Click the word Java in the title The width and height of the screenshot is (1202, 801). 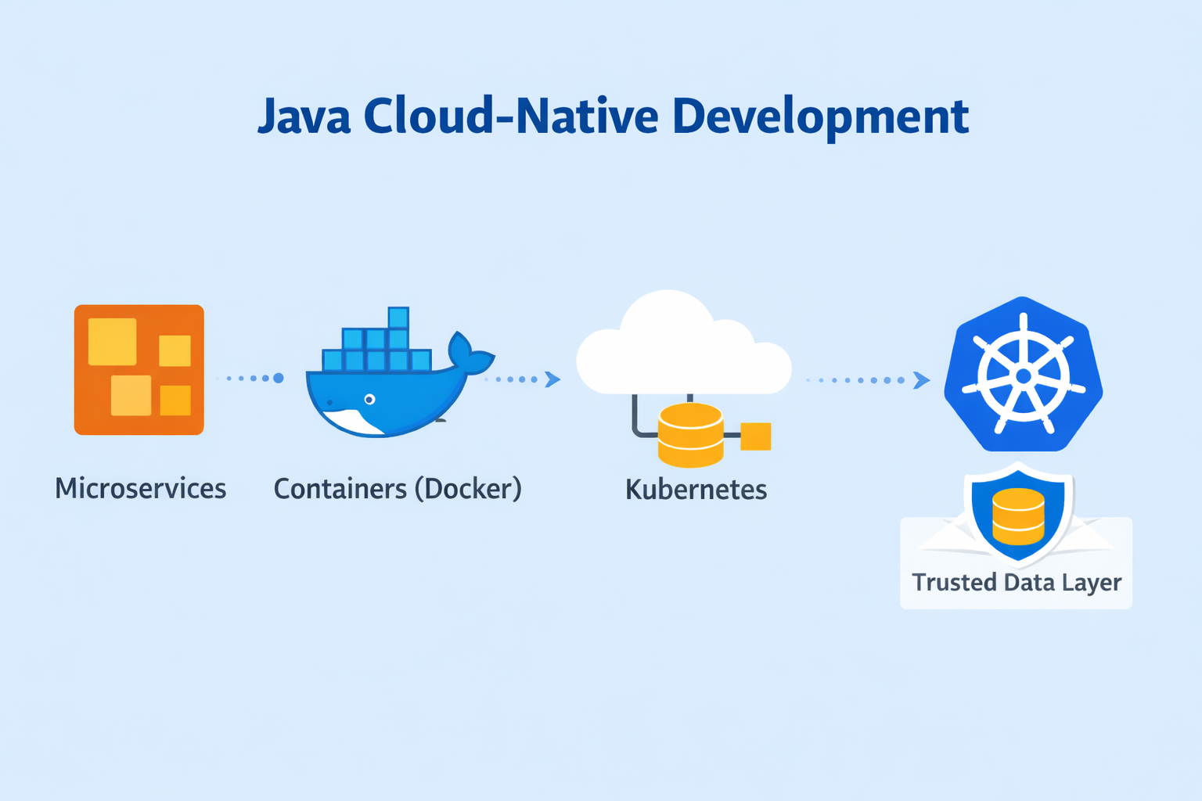(304, 117)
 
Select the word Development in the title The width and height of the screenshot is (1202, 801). (820, 117)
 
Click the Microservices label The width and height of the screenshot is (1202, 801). (140, 489)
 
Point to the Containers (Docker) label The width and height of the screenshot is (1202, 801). (398, 489)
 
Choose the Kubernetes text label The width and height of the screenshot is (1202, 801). (696, 490)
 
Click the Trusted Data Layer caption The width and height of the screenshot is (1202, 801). (1017, 583)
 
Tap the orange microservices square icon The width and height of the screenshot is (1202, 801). (139, 369)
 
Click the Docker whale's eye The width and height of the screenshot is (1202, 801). (370, 400)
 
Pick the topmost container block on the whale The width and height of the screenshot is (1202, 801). (398, 318)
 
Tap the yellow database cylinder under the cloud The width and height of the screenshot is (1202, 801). (690, 434)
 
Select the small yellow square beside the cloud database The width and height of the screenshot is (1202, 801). (756, 436)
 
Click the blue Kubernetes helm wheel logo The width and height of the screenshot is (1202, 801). (1023, 374)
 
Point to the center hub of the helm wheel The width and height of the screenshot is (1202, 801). (1023, 377)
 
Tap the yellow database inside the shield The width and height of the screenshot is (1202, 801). (1018, 516)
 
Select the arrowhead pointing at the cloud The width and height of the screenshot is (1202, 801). (552, 379)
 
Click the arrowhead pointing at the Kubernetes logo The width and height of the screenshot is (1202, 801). (922, 380)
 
